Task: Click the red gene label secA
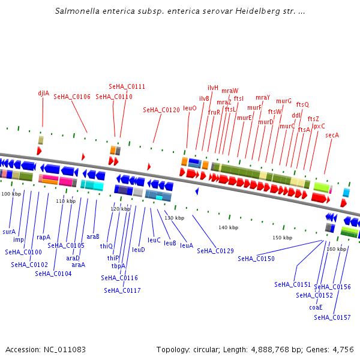(x=332, y=135)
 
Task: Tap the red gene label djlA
(x=43, y=93)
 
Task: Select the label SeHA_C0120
(x=161, y=110)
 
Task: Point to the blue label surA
(x=9, y=231)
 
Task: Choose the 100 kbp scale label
(x=10, y=194)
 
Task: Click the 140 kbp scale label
(x=228, y=227)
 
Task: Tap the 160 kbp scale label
(x=336, y=249)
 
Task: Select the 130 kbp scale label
(x=174, y=218)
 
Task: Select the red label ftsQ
(x=302, y=104)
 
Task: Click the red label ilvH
(x=213, y=88)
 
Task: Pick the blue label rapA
(x=44, y=237)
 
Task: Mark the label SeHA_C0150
(x=256, y=259)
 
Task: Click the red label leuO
(x=190, y=108)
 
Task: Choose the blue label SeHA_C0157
(x=332, y=317)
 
